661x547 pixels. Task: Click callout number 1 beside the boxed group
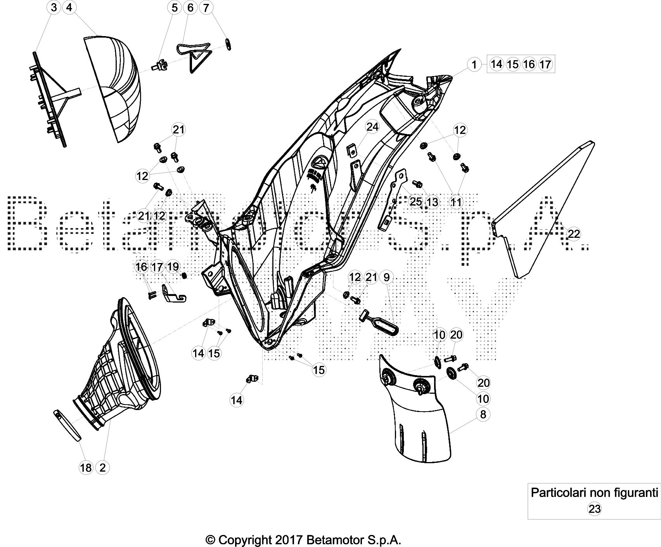(474, 64)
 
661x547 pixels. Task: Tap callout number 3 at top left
(54, 7)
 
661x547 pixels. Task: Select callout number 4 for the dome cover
(69, 7)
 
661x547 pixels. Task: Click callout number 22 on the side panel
(574, 234)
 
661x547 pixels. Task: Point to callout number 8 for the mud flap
(483, 414)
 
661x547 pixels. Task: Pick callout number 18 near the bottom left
(86, 467)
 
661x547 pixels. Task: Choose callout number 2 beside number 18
(102, 467)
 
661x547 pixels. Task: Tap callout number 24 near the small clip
(372, 128)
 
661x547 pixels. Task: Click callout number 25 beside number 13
(415, 201)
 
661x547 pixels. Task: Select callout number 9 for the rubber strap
(386, 277)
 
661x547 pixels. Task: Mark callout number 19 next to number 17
(173, 267)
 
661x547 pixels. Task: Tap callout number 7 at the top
(206, 7)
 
